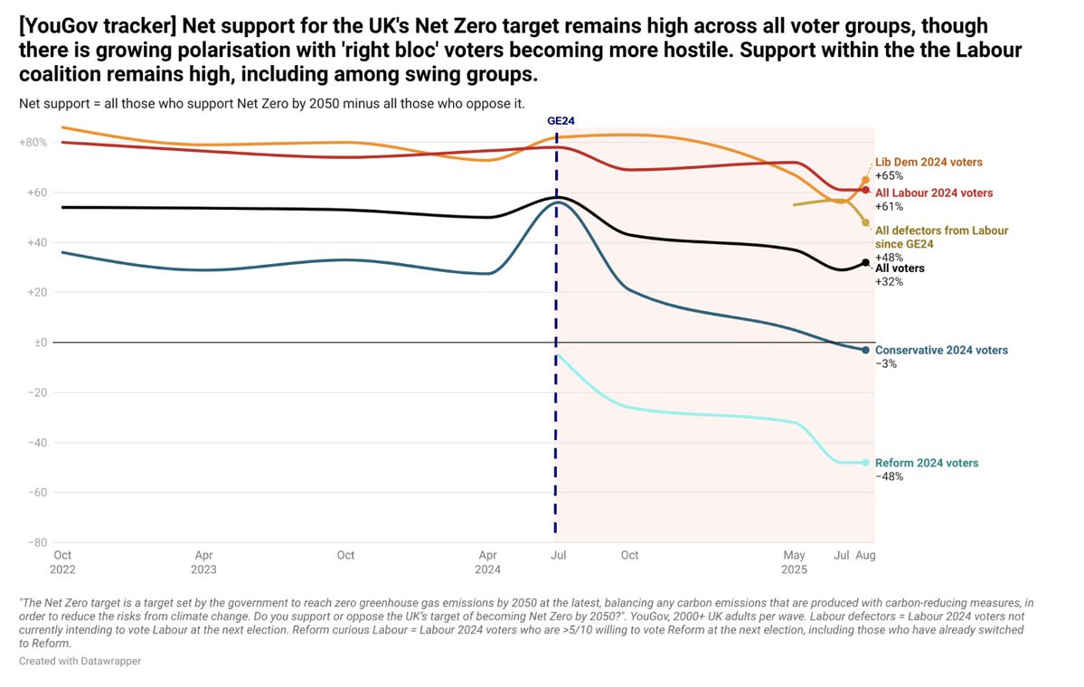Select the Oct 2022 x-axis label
point(63,560)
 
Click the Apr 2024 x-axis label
point(487,560)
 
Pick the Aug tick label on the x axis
point(865,554)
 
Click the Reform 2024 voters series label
point(927,463)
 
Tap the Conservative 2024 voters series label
point(941,350)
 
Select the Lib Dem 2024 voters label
point(928,162)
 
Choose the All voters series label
point(900,268)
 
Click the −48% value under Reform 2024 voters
point(890,476)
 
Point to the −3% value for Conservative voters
point(886,363)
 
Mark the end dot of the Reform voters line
point(865,463)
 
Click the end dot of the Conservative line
point(865,350)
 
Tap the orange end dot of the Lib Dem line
point(865,180)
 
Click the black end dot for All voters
point(865,263)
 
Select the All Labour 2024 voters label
point(934,193)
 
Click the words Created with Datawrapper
point(80,661)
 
